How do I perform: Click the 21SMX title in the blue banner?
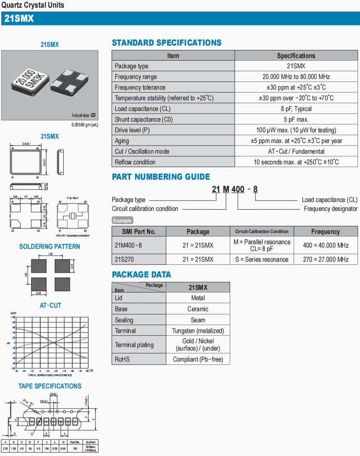pos(19,19)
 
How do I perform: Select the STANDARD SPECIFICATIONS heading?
pos(167,43)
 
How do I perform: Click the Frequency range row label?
pos(136,77)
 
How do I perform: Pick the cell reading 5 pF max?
pos(296,120)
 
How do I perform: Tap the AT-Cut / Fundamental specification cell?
pos(296,152)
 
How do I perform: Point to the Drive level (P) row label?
pos(132,130)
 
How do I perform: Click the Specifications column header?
pos(296,56)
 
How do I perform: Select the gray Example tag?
pos(123,221)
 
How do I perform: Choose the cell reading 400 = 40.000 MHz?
pos(325,245)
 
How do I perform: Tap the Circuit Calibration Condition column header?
pos(262,231)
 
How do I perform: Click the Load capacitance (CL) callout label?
pos(329,200)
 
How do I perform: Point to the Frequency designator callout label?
pos(331,209)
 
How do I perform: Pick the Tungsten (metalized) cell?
pos(198,330)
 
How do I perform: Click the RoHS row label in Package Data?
pos(122,359)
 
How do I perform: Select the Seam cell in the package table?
pos(198,320)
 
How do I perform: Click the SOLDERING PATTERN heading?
pos(50,247)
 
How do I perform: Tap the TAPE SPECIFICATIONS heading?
pos(50,386)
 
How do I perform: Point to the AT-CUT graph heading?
pos(50,306)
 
